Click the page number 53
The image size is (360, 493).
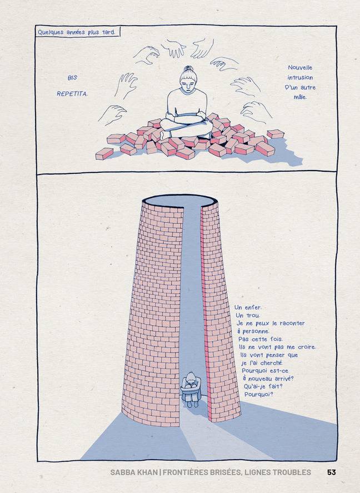point(332,472)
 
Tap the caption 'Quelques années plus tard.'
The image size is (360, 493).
point(76,32)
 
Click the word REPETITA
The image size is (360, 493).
point(72,94)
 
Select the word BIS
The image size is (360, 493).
point(72,78)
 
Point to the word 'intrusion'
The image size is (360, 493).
point(300,77)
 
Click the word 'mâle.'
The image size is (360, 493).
point(300,97)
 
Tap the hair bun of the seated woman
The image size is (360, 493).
point(189,68)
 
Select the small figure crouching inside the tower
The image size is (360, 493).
point(191,389)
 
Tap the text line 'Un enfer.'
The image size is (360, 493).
point(248,307)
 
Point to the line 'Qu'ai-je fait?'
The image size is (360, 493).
point(263,386)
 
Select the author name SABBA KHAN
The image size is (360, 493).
point(134,472)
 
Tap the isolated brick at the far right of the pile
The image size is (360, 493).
point(276,133)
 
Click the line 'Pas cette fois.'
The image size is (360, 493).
point(261,339)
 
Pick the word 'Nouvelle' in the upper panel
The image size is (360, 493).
point(300,67)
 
